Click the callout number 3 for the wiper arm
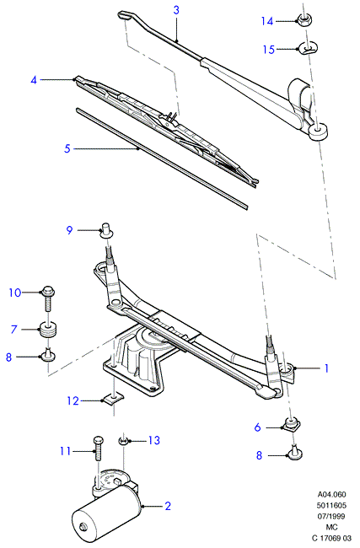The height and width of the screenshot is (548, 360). [x=176, y=10]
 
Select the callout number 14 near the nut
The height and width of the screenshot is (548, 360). [x=267, y=21]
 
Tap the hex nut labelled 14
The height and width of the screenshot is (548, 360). [x=304, y=19]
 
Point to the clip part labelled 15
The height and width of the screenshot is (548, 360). [x=309, y=48]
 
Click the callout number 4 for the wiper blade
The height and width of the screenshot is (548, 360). [x=34, y=80]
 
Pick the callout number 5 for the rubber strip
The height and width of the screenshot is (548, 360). [x=67, y=148]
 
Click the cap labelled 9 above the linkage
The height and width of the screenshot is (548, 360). [x=106, y=230]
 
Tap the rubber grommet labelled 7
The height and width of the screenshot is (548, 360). [x=49, y=329]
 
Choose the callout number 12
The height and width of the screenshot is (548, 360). [x=73, y=400]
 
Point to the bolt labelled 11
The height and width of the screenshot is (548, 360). [x=98, y=449]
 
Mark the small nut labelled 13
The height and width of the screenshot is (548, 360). [x=123, y=441]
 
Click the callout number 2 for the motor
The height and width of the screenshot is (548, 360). [x=168, y=506]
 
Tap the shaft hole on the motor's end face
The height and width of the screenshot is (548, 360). [x=83, y=526]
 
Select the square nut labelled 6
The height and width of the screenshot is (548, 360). [x=291, y=425]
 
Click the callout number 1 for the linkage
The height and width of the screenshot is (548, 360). [x=326, y=368]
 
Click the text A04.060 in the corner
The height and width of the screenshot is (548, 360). [x=331, y=495]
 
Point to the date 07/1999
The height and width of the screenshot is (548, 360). [x=331, y=516]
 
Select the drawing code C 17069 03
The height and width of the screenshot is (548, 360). [x=331, y=538]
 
